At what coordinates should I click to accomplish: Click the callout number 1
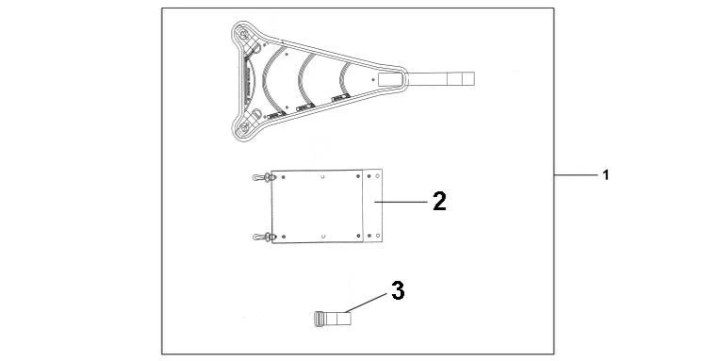click(x=606, y=175)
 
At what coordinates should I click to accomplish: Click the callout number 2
click(x=439, y=201)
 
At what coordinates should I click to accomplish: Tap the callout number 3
click(x=398, y=290)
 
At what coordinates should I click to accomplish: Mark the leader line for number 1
click(x=574, y=175)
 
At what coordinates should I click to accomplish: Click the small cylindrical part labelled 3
click(x=329, y=319)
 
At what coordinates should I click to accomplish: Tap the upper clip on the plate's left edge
click(x=261, y=177)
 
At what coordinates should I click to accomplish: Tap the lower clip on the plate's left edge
click(x=261, y=236)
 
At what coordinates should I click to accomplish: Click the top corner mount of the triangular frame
click(x=246, y=35)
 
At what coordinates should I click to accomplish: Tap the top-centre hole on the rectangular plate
click(x=322, y=176)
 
